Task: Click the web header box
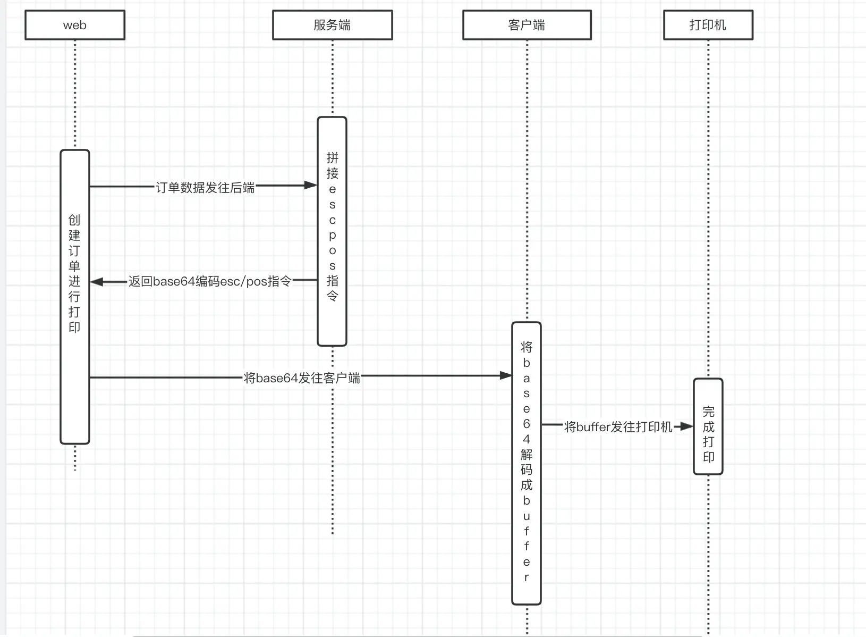pyautogui.click(x=75, y=25)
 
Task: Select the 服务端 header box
pyautogui.click(x=332, y=25)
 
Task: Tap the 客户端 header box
pyautogui.click(x=527, y=25)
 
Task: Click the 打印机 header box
pyautogui.click(x=708, y=25)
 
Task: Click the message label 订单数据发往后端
pyautogui.click(x=205, y=187)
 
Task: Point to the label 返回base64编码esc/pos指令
pyautogui.click(x=210, y=281)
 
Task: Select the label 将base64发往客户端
pyautogui.click(x=302, y=378)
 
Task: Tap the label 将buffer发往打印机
pyautogui.click(x=618, y=426)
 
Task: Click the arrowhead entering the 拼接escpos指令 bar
pyautogui.click(x=311, y=185)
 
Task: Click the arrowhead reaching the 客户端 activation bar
pyautogui.click(x=506, y=375)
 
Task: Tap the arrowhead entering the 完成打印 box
pyautogui.click(x=687, y=426)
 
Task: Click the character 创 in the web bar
pyautogui.click(x=74, y=220)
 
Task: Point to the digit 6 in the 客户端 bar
pyautogui.click(x=526, y=424)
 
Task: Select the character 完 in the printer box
pyautogui.click(x=708, y=412)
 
